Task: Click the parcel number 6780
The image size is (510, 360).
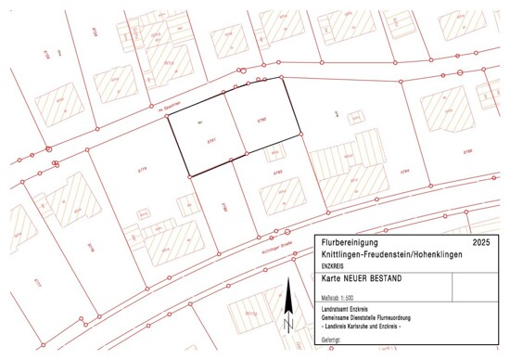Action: coord(261,120)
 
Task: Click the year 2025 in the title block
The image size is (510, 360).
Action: coord(479,241)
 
